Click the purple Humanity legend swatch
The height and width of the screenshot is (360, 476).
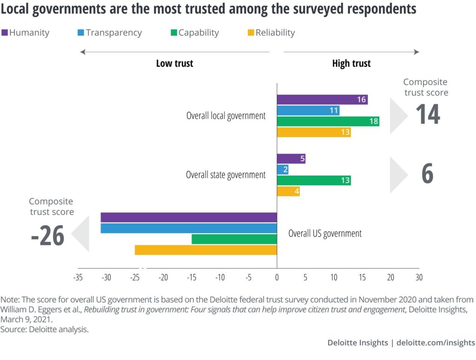[x=5, y=33]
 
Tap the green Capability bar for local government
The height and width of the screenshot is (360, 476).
[x=328, y=122]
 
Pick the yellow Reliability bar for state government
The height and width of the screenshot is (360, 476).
[x=288, y=191]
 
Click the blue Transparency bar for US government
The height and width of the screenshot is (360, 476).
[x=188, y=228]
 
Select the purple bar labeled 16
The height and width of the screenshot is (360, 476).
[x=322, y=99]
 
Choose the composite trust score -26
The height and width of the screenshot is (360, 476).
[x=47, y=236]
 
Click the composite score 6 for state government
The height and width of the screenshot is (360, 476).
[x=427, y=174]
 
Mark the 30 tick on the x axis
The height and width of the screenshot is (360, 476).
[x=419, y=278]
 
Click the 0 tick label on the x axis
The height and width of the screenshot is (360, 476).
[x=277, y=278]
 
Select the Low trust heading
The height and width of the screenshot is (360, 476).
[x=174, y=64]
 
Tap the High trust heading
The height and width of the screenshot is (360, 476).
[x=351, y=64]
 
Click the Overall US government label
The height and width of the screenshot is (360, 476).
[x=325, y=234]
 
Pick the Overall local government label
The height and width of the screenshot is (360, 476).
[x=226, y=116]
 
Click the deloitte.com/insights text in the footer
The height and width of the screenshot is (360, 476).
[x=436, y=343]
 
